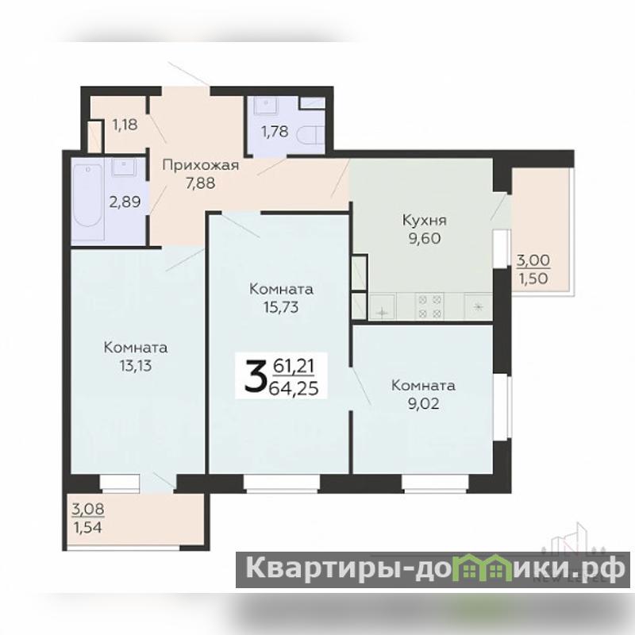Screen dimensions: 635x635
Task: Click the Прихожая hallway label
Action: pos(201,165)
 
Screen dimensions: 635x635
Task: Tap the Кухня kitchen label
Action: pos(424,221)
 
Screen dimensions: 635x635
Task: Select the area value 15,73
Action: pos(281,307)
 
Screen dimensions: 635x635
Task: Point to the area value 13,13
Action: pos(135,366)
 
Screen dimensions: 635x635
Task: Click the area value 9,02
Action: pos(423,403)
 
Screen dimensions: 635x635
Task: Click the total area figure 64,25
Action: pos(294,388)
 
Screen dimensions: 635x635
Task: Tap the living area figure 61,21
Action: pos(294,366)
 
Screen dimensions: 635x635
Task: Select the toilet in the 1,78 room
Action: pos(310,135)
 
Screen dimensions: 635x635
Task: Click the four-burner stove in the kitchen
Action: pos(429,306)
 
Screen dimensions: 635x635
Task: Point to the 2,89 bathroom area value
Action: pos(125,202)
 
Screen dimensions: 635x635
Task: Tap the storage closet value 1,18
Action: pos(125,125)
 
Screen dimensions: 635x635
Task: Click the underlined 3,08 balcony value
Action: pos(88,509)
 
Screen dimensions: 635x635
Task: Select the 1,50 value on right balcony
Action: pos(533,279)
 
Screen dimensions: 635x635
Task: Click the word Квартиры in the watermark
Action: pos(322,569)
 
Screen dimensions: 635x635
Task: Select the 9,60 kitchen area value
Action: pos(424,239)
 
